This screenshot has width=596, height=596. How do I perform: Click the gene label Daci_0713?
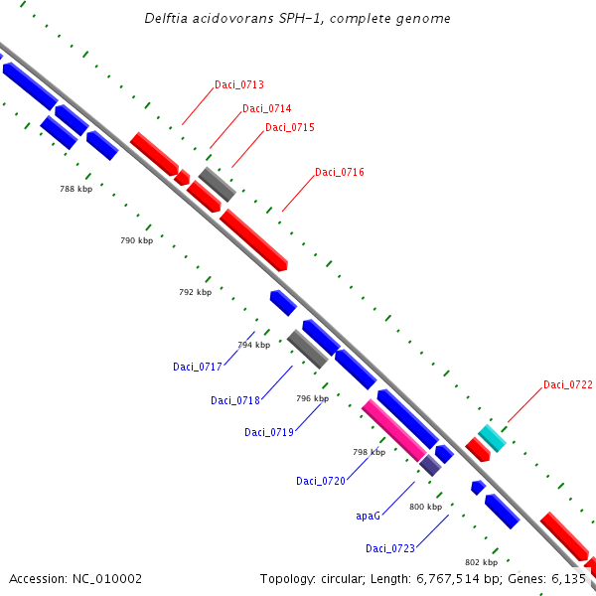pos(239,85)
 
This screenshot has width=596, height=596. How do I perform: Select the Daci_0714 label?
pos(267,108)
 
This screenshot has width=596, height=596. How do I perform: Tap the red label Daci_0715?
pos(290,128)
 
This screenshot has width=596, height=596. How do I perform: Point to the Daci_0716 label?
pos(340,173)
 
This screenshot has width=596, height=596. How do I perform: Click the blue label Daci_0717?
pos(198,368)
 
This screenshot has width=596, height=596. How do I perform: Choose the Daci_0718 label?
pos(235,401)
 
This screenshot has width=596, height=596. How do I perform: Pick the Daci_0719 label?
pos(269,433)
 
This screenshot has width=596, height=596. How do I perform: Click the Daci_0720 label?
pos(321,482)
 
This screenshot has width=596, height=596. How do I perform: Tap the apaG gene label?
pos(368,517)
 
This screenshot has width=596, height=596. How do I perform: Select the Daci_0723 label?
pos(390,549)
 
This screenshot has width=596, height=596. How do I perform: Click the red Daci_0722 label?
pos(568,385)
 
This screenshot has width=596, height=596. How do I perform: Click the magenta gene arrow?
pos(394,429)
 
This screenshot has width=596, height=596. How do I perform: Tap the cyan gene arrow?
pos(492,437)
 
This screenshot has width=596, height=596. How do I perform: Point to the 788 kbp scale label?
pos(75,189)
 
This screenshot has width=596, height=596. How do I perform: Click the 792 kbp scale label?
pos(195,293)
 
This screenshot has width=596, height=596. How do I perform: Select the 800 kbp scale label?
pos(425,508)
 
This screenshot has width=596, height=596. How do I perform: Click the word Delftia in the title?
pos(165,19)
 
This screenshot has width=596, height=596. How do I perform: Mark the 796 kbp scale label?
pos(312,399)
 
